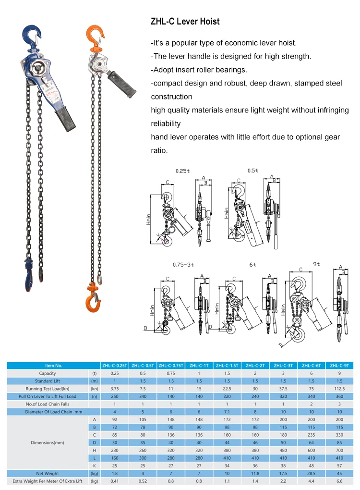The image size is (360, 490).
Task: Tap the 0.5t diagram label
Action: [252, 171]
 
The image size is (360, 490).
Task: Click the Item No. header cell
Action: [54, 366]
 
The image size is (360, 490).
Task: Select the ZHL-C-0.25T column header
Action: [115, 366]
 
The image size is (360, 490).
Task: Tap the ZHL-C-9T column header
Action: [340, 366]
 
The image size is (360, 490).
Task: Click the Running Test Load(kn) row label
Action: [48, 389]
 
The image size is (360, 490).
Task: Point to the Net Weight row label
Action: [48, 473]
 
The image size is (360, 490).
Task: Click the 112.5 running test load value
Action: [340, 389]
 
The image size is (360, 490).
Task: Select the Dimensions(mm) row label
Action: [48, 442]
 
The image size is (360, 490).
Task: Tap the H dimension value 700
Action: [340, 450]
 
